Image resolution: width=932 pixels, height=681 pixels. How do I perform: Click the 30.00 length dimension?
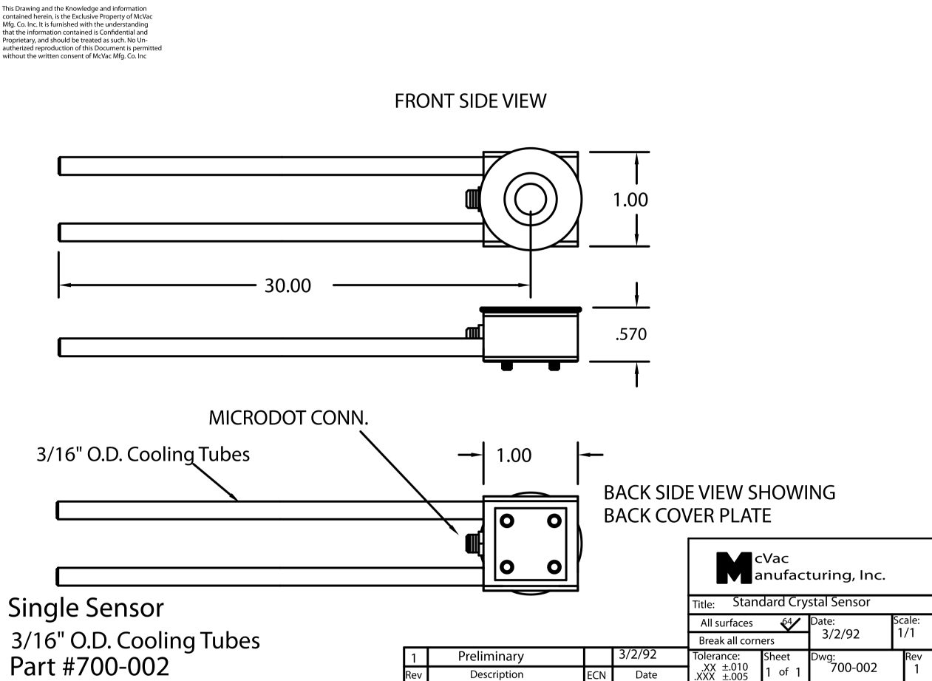(x=288, y=285)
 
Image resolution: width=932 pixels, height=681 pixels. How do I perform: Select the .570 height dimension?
(x=631, y=334)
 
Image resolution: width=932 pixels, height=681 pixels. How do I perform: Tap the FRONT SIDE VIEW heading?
(x=470, y=101)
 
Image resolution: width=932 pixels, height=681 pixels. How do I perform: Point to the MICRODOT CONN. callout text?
(x=288, y=418)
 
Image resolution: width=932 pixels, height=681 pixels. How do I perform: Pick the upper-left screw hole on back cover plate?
(x=507, y=521)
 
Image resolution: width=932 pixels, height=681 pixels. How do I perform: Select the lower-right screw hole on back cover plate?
(x=554, y=566)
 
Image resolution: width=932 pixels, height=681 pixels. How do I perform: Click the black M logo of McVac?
(x=734, y=568)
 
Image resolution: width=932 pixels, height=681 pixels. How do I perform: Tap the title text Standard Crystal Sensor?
(x=801, y=602)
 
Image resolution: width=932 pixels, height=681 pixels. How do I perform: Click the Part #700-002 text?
(x=89, y=666)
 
